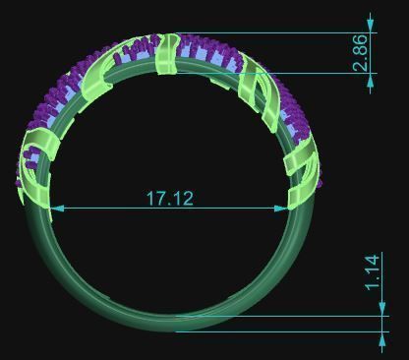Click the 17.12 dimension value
pos(170,199)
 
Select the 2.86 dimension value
pos(360,52)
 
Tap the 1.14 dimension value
pos(372,272)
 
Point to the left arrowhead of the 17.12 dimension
pos(57,209)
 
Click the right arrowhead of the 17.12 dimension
pos(281,209)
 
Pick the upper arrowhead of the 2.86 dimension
pos(371,26)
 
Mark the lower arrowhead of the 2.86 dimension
pos(371,81)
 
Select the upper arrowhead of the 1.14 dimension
pos(382,310)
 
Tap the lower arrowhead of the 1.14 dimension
pos(382,338)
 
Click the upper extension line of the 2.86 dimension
pos(275,32)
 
